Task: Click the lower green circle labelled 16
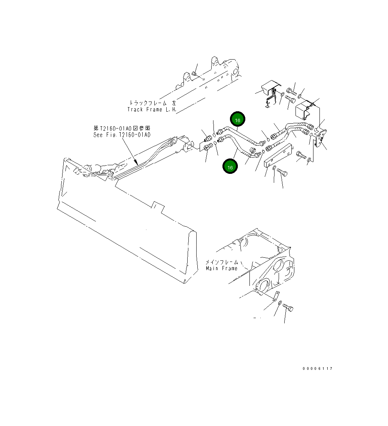[x=230, y=167]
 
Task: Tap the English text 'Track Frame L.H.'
[x=151, y=109]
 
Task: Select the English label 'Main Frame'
[x=221, y=268]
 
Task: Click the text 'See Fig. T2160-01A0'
[x=122, y=135]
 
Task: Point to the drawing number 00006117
[x=318, y=369]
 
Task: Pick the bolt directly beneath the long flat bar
[x=282, y=172]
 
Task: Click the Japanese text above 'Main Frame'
[x=221, y=262]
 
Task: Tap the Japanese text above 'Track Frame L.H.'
[x=152, y=103]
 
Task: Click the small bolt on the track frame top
[x=194, y=73]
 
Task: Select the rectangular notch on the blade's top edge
[x=159, y=206]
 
